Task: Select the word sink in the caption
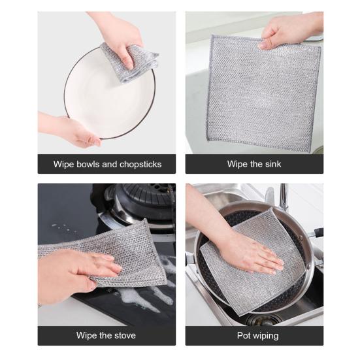[x=272, y=164]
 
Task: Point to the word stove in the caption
[x=124, y=336]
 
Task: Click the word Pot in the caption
[x=244, y=336]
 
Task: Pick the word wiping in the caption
[x=266, y=336]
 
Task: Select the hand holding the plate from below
[x=72, y=128]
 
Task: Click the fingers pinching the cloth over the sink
[x=287, y=33]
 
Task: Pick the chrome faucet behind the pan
[x=285, y=196]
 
